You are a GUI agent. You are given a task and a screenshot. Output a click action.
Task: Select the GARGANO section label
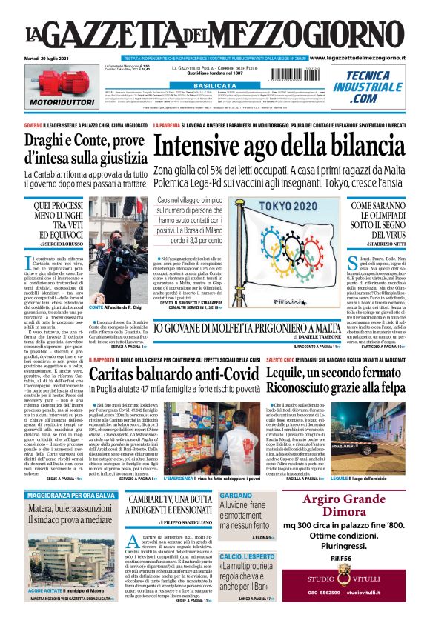236,495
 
